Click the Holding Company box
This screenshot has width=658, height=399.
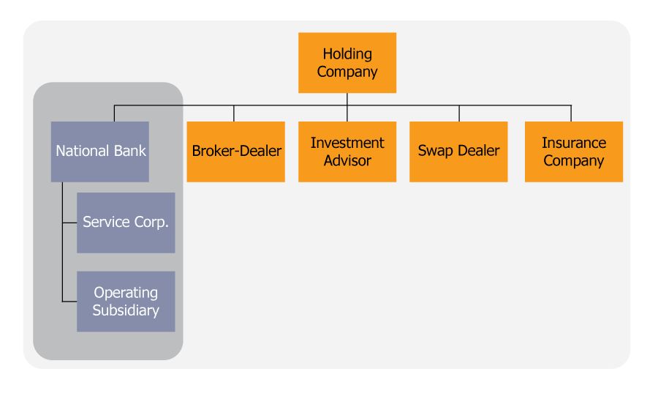[x=347, y=62]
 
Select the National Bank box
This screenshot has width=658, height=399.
[x=100, y=152]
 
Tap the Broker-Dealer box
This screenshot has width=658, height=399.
[x=236, y=152]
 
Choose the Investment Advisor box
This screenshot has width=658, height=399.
[x=347, y=152]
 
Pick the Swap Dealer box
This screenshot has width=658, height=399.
[x=458, y=152]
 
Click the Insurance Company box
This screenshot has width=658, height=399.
[x=574, y=152]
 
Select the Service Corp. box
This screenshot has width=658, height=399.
[x=126, y=223]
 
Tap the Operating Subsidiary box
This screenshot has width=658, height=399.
[x=126, y=301]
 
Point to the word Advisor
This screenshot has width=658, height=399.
[x=347, y=160]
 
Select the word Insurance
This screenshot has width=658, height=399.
[x=574, y=143]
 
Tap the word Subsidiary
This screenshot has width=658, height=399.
[x=126, y=311]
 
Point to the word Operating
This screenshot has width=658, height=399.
[x=126, y=293]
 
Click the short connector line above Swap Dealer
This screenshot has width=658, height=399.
[x=458, y=113]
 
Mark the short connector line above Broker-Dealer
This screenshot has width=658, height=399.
[x=234, y=113]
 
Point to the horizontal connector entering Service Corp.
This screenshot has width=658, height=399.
[x=69, y=223]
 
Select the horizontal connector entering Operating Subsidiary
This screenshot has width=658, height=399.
[x=69, y=301]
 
